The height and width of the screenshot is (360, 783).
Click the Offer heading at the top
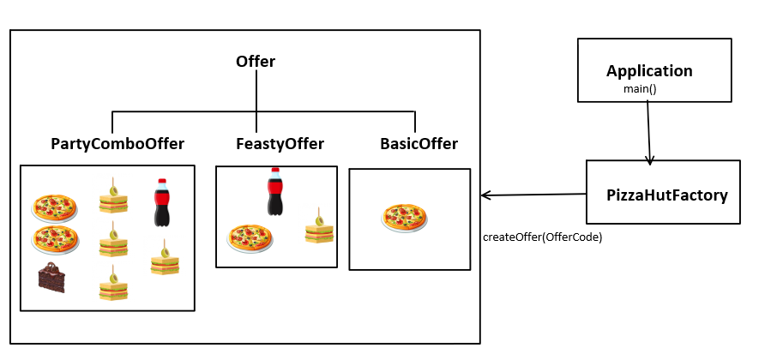pyautogui.click(x=256, y=62)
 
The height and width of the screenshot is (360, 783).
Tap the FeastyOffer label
pyautogui.click(x=280, y=144)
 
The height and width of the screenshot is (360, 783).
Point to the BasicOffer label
pyautogui.click(x=419, y=144)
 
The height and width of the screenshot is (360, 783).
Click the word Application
pyautogui.click(x=649, y=71)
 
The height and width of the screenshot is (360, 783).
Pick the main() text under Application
pyautogui.click(x=640, y=88)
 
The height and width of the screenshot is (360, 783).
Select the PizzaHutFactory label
pyautogui.click(x=666, y=195)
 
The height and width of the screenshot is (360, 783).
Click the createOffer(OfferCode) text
pyautogui.click(x=542, y=237)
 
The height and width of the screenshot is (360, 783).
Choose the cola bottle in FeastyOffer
pyautogui.click(x=274, y=191)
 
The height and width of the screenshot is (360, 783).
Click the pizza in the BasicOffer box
pyautogui.click(x=404, y=217)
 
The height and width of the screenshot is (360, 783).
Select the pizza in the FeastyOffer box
pyautogui.click(x=250, y=237)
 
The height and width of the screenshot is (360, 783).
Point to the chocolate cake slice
pyautogui.click(x=51, y=278)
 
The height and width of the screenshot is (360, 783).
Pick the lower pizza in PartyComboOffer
pyautogui.click(x=55, y=240)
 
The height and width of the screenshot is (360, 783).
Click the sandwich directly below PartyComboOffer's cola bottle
pyautogui.click(x=165, y=260)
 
